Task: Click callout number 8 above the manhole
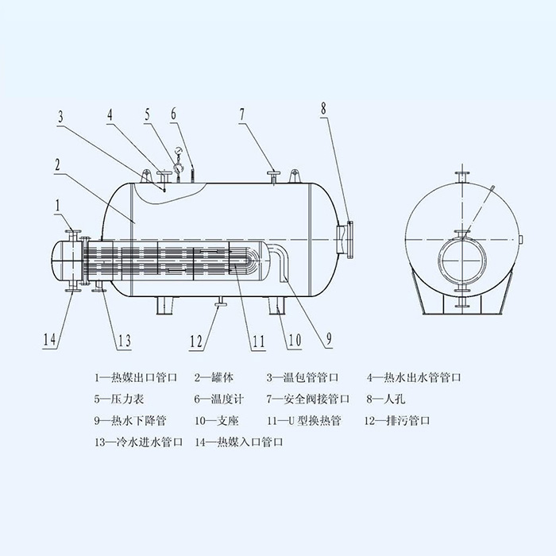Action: (x=323, y=109)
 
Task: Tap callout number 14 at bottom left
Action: (x=49, y=339)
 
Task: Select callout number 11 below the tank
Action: (x=258, y=341)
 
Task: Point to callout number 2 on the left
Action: (x=58, y=164)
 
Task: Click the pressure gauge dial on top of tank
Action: (x=179, y=152)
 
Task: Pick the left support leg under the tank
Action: (x=165, y=305)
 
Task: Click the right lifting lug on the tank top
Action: (x=294, y=176)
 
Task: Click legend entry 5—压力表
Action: (x=119, y=400)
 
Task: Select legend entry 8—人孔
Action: (x=386, y=400)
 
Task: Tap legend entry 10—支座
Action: (x=217, y=421)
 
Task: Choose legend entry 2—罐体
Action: (x=214, y=377)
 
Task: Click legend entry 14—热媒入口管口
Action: (x=239, y=442)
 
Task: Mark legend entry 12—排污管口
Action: (x=397, y=421)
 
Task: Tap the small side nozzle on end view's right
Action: (x=521, y=240)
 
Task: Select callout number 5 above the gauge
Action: (x=147, y=114)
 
